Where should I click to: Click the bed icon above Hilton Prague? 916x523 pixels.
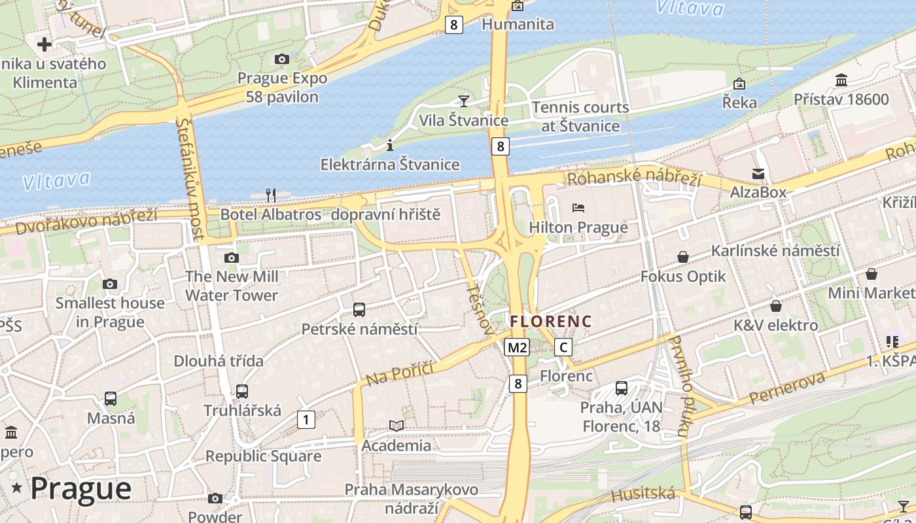tap(578, 208)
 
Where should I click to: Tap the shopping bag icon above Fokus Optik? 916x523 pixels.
tap(683, 257)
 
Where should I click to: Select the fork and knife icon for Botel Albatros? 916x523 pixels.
tap(271, 195)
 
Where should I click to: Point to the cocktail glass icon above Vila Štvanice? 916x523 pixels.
tap(464, 101)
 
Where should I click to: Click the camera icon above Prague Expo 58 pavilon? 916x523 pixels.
tap(282, 59)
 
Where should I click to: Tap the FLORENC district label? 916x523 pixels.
tap(551, 322)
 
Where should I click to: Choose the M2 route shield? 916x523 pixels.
tap(516, 347)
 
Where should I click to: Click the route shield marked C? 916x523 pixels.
tap(563, 347)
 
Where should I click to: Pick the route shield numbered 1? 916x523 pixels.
tap(306, 420)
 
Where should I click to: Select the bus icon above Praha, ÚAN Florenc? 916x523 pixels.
tap(622, 388)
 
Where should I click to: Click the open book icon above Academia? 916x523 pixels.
tap(396, 426)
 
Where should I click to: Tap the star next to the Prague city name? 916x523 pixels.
tap(16, 488)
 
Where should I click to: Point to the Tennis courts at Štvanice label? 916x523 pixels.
tap(580, 116)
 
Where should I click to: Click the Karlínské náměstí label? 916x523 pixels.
tap(775, 250)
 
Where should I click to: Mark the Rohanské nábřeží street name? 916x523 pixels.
tap(633, 177)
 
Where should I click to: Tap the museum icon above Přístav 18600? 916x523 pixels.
tap(841, 80)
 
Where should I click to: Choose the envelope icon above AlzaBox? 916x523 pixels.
tap(758, 174)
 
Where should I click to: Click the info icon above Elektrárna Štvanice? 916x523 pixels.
tap(390, 145)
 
